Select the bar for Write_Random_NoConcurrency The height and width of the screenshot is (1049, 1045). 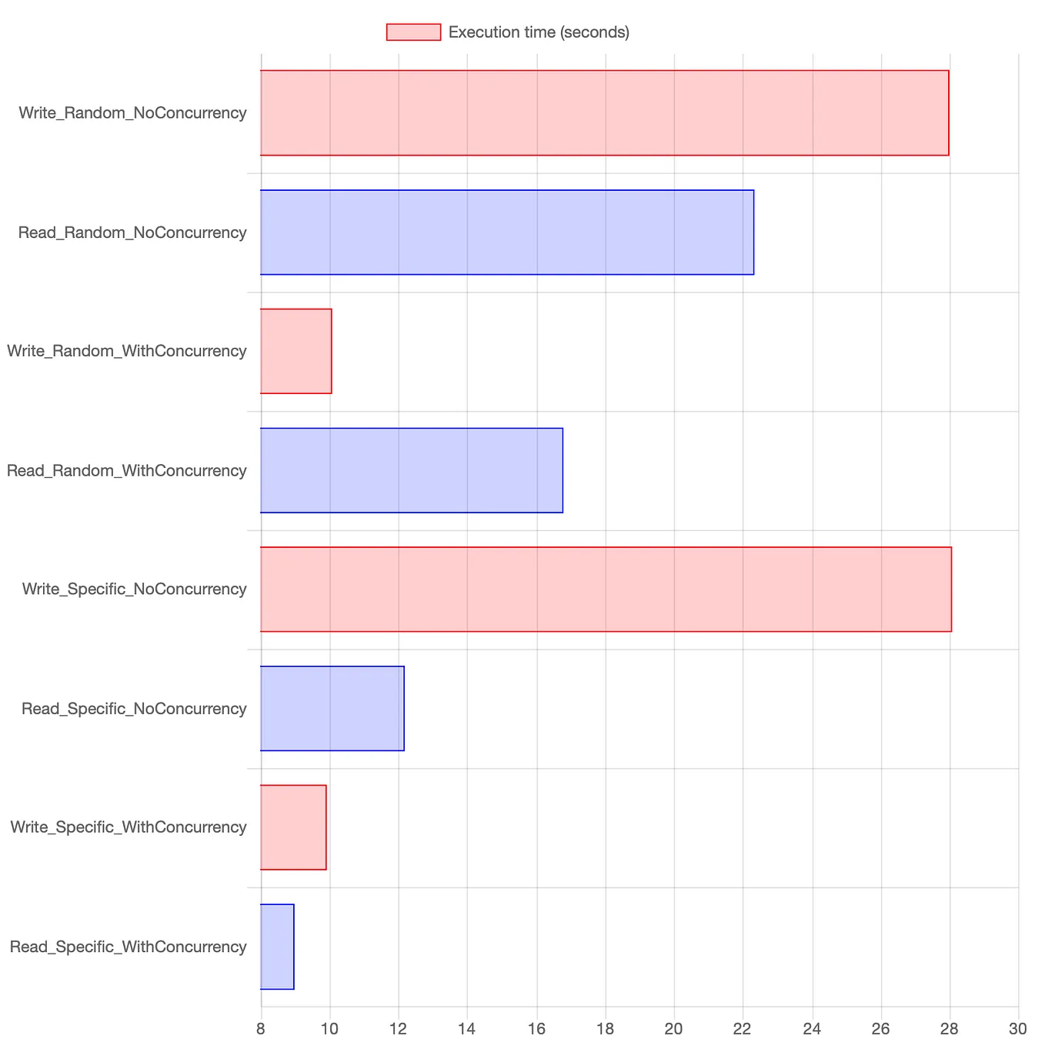tap(604, 113)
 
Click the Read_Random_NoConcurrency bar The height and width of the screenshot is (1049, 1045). tap(507, 232)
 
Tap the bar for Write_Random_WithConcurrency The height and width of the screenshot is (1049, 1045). tap(296, 351)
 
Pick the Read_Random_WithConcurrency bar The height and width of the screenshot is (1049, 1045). tap(412, 470)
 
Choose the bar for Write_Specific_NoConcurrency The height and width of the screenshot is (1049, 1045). tap(606, 590)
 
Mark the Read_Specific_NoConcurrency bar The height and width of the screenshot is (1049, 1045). tap(332, 708)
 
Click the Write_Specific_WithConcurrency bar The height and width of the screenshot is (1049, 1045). tap(293, 827)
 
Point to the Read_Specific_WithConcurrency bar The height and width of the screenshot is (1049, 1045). tap(277, 947)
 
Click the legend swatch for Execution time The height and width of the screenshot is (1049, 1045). tap(413, 32)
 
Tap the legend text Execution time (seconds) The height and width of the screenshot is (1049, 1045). tap(539, 32)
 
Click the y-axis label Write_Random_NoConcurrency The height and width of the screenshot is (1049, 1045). tap(132, 113)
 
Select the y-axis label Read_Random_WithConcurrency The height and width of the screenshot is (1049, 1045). tap(127, 470)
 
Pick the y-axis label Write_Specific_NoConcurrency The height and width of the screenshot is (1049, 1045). tap(135, 590)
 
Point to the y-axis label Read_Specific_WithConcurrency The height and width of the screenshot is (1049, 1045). tap(129, 947)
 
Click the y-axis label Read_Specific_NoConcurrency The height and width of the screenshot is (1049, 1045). tap(134, 708)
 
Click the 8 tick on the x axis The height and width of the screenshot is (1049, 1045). tap(261, 1029)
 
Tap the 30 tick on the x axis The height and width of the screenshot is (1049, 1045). tap(1018, 1029)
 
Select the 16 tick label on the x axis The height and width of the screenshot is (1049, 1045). tap(536, 1029)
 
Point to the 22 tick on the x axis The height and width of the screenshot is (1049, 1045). tap(743, 1029)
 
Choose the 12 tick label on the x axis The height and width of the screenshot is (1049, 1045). tap(399, 1029)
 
